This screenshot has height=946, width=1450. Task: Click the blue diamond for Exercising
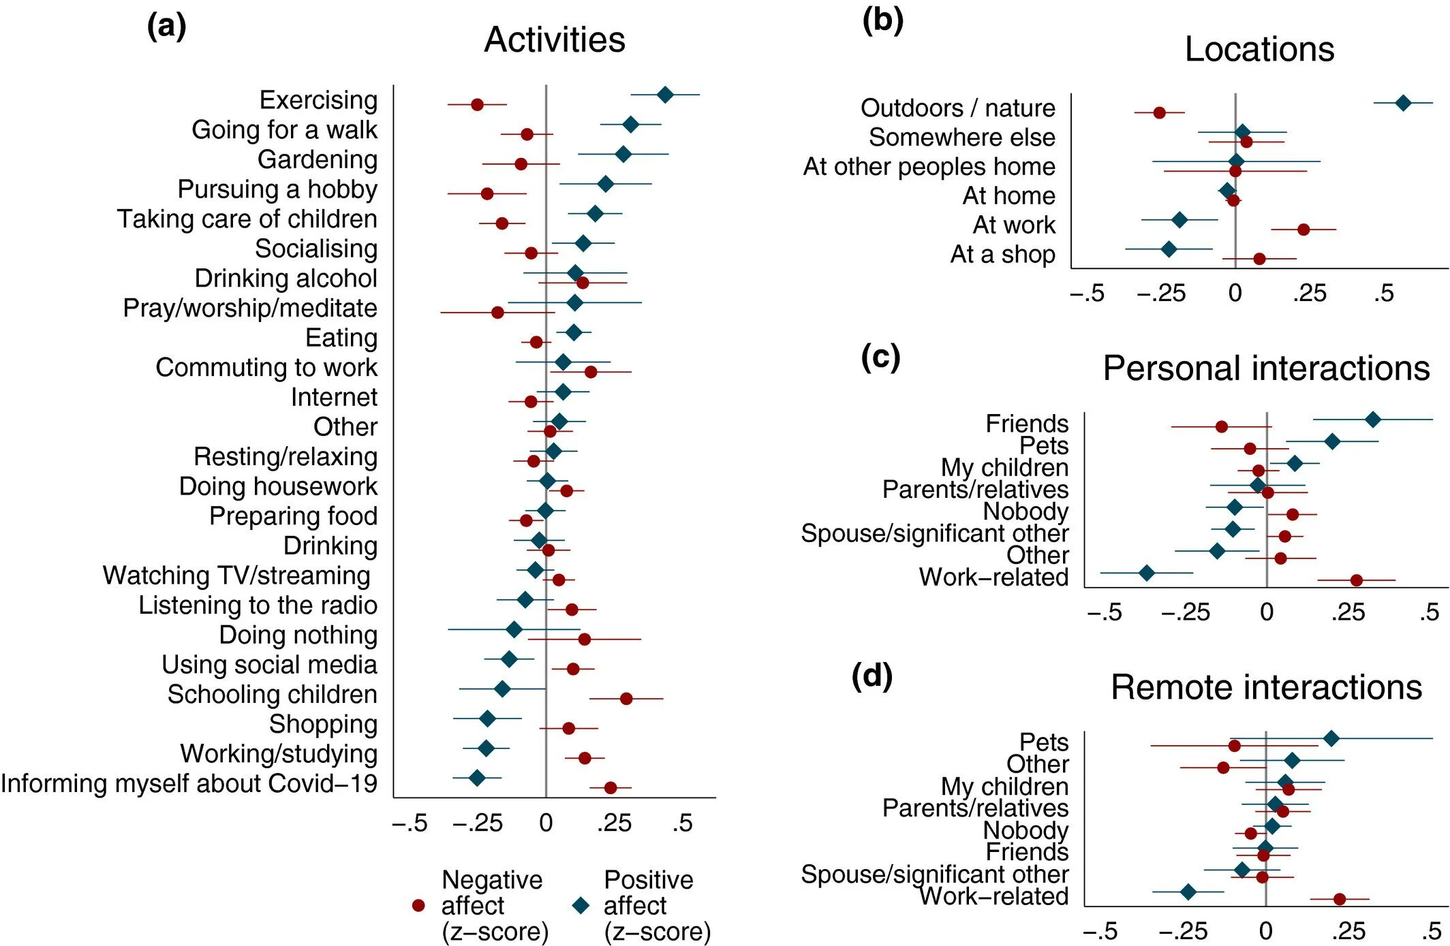[x=665, y=95]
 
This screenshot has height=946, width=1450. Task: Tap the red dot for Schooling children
[x=626, y=698]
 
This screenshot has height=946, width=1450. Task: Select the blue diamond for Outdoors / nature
[x=1403, y=103]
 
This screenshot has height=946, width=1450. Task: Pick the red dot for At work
[x=1304, y=230]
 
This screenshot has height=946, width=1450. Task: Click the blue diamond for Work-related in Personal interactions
[x=1147, y=573]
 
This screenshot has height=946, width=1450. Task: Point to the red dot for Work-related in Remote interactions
[x=1339, y=899]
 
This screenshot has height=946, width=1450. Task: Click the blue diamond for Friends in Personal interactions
[x=1373, y=420]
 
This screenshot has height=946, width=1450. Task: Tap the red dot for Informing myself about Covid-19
[x=611, y=787]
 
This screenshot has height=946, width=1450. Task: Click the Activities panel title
[x=555, y=40]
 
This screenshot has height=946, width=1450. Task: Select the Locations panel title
[x=1259, y=49]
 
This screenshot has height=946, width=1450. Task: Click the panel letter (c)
[x=880, y=356]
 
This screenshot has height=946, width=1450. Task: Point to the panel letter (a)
[x=166, y=27]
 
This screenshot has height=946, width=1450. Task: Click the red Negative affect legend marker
[x=419, y=905]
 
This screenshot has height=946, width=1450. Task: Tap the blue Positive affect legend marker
[x=581, y=905]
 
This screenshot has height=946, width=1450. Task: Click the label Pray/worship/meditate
[x=250, y=308]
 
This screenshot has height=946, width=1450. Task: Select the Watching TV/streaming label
[x=236, y=576]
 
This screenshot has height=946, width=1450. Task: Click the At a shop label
[x=1002, y=254]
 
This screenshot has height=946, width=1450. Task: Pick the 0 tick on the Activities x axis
[x=546, y=823]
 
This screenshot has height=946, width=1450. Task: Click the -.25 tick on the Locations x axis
[x=1162, y=294]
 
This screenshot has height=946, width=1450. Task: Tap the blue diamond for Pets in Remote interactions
[x=1331, y=738]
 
